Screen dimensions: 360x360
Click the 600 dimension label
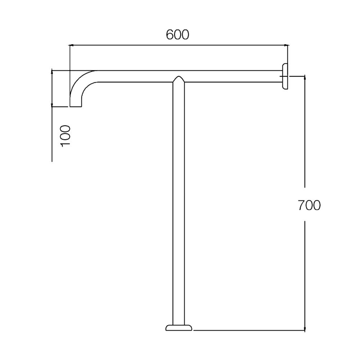(x=177, y=35)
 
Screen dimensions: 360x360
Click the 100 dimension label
(x=66, y=136)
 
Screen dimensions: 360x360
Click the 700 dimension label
(x=309, y=205)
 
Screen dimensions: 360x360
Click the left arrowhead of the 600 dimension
(x=71, y=45)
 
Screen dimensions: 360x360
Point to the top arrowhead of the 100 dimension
(x=52, y=72)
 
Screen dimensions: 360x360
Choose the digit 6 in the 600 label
(x=170, y=35)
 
